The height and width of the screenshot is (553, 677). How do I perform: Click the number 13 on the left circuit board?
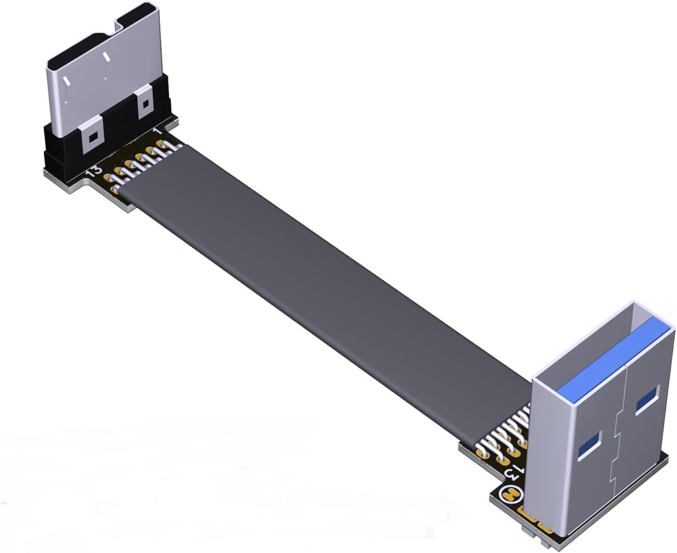[93, 171]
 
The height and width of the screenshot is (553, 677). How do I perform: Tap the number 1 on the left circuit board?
[157, 132]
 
